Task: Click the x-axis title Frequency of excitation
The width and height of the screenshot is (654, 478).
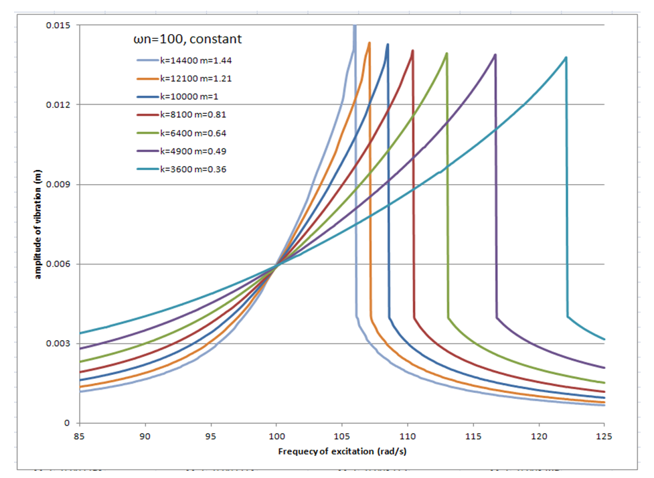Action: (x=342, y=451)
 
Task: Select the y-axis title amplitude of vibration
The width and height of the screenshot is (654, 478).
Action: (x=38, y=223)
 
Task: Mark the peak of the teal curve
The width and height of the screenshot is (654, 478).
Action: (x=566, y=58)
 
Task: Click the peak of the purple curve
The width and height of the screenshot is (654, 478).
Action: (x=495, y=55)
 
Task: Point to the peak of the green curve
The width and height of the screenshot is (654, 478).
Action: (x=446, y=54)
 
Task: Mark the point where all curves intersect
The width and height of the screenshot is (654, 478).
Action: (x=276, y=265)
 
